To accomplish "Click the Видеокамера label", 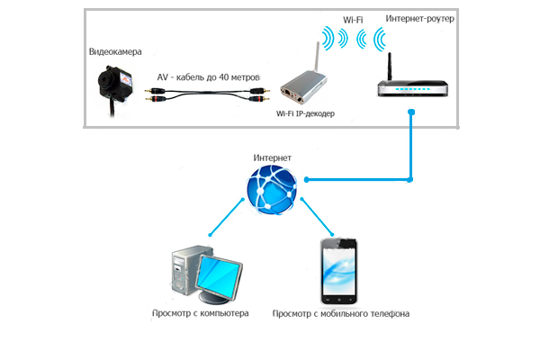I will [x=114, y=52].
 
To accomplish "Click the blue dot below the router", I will [x=410, y=112].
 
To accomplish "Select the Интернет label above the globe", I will [x=272, y=157].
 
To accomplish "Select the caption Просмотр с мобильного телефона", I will [x=340, y=314].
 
